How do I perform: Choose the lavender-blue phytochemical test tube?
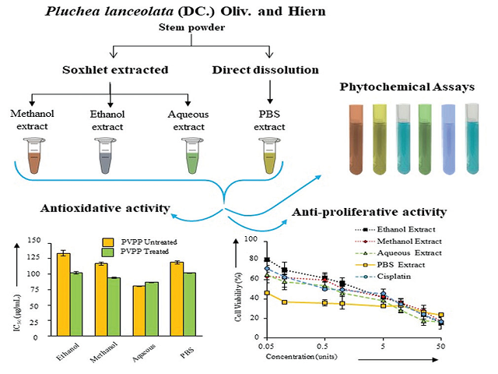click(x=452, y=136)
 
